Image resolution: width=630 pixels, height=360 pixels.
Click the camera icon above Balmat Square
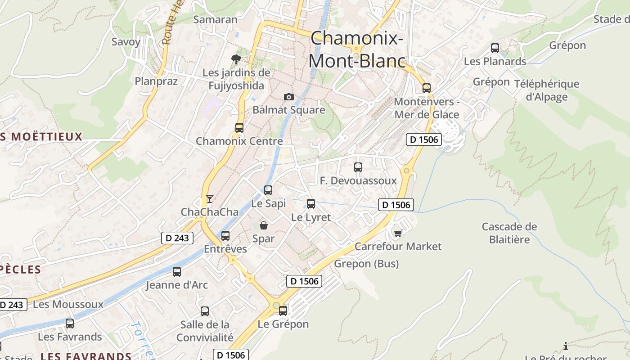(x=289, y=97)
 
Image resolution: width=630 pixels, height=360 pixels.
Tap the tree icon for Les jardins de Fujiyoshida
(x=236, y=59)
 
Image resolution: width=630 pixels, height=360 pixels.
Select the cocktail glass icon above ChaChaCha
(x=209, y=198)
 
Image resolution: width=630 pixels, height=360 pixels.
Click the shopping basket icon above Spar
(x=264, y=225)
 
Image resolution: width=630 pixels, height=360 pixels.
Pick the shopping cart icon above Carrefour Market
(x=398, y=233)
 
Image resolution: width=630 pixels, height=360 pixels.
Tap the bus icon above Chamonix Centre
(x=239, y=127)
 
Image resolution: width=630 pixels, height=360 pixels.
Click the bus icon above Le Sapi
(x=268, y=190)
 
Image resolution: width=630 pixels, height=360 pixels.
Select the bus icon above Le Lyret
(x=311, y=203)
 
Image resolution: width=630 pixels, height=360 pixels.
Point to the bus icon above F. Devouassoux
(x=358, y=167)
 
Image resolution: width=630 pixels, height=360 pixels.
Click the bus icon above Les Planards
(x=495, y=48)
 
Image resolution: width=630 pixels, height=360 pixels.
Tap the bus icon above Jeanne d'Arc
(x=177, y=271)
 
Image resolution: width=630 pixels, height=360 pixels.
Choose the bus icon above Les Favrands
(x=70, y=323)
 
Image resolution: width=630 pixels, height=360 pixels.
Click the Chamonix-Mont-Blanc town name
(x=357, y=49)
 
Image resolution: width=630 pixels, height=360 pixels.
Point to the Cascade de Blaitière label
(x=509, y=233)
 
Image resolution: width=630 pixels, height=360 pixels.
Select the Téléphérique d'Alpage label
(x=547, y=90)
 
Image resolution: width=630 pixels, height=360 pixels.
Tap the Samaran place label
(x=215, y=19)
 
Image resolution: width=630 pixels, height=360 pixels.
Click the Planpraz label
(x=156, y=81)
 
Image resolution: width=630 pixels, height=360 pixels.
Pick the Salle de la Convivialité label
(x=205, y=331)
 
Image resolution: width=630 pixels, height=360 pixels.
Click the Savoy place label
(x=126, y=42)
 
